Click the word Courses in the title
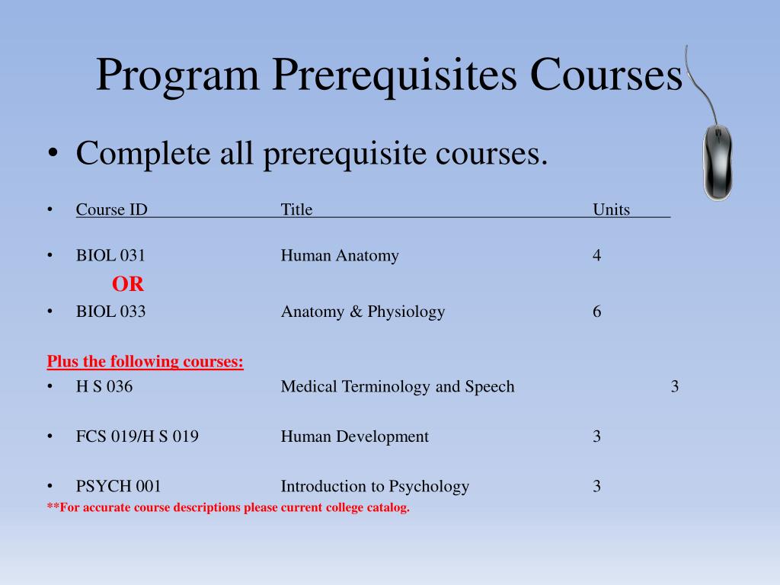(606, 76)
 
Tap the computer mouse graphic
(717, 162)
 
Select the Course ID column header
(111, 210)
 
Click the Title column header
(296, 210)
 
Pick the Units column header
(611, 210)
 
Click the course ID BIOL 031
(110, 256)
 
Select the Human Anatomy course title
(340, 256)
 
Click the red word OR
(128, 285)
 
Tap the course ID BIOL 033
(110, 312)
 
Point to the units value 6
(597, 312)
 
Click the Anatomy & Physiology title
(363, 312)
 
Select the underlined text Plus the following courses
(145, 361)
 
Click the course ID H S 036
(104, 387)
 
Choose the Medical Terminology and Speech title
(398, 387)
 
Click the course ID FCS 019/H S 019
(137, 437)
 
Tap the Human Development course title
(354, 437)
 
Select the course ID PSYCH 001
(118, 487)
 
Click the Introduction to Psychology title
(375, 487)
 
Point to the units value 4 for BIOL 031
(597, 256)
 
